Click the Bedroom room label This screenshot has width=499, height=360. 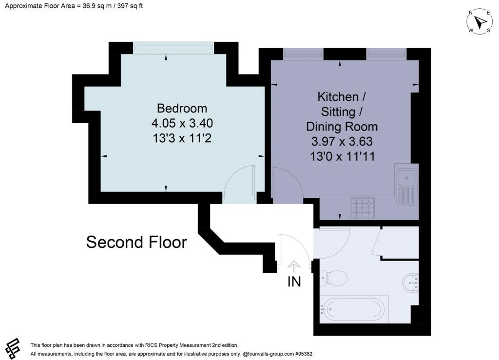(182, 109)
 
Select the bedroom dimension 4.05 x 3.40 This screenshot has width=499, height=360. (182, 123)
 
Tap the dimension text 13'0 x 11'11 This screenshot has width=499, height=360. (343, 156)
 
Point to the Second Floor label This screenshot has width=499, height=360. (136, 242)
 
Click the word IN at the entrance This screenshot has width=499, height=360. (294, 282)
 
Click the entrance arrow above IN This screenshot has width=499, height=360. (294, 266)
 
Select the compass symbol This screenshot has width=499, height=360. (480, 22)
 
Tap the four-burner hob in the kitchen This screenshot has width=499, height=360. (362, 208)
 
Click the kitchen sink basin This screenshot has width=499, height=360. (407, 178)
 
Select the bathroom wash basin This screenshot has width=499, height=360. (411, 282)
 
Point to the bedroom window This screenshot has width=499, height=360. (173, 48)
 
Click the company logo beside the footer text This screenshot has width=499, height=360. (13, 348)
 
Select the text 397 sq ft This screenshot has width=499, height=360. (130, 6)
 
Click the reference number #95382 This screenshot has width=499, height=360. (304, 354)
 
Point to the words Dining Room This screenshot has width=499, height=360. (342, 127)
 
